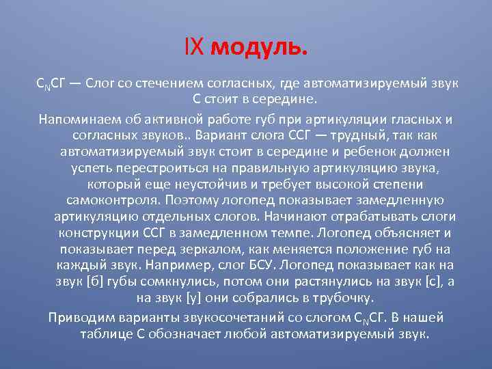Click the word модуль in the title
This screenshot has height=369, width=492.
click(x=260, y=49)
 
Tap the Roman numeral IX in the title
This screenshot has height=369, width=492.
click(x=195, y=49)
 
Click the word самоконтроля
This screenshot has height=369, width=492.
click(x=112, y=200)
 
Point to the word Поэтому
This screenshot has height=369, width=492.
click(x=190, y=200)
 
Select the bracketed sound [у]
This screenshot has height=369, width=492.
click(x=195, y=299)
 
